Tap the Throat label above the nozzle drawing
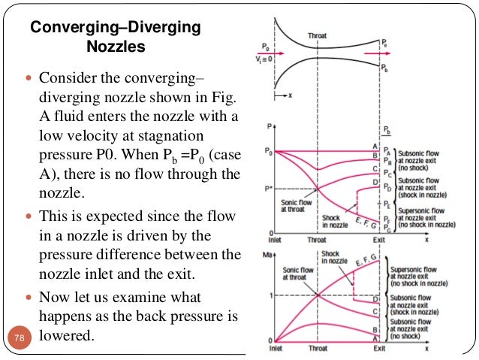point(317,35)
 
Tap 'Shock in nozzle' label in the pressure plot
point(330,222)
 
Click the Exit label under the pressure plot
point(380,241)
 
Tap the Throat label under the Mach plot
point(318,349)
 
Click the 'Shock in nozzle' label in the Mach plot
point(330,257)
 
